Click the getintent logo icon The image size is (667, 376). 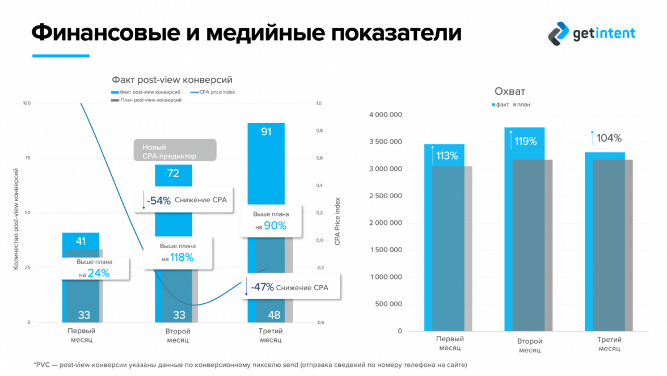559,33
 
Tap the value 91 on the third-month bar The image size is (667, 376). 266,132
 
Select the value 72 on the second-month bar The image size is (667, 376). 173,173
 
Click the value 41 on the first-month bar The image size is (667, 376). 81,241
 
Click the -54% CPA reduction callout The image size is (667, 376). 184,200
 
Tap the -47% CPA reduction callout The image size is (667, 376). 286,287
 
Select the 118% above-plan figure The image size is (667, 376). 182,257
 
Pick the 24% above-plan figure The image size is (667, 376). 98,273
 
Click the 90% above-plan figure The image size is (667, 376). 275,225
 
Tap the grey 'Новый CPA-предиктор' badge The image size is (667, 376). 175,151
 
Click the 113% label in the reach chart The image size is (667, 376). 447,156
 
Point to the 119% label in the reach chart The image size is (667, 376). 525,141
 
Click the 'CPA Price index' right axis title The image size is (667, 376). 337,220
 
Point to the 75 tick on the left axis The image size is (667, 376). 26,158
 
